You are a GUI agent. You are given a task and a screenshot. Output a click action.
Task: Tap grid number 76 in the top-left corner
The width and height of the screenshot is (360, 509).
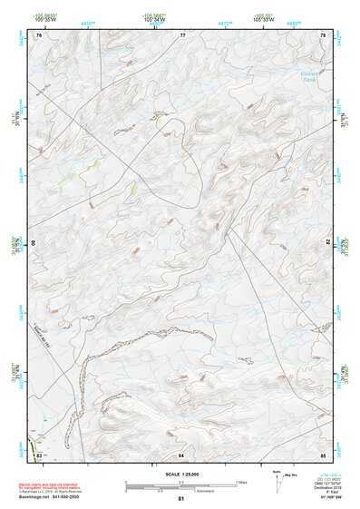click(39, 35)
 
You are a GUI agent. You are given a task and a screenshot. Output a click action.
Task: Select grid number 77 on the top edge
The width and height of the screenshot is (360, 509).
click(182, 35)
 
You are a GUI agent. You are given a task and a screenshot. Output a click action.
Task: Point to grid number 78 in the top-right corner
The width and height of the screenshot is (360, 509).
click(323, 35)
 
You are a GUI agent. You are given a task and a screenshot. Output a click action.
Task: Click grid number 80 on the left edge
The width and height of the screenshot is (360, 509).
click(35, 243)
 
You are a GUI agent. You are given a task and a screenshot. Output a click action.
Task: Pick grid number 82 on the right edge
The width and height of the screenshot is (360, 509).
click(327, 243)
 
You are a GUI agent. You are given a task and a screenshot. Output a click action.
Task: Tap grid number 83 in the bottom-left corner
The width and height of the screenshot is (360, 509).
click(39, 454)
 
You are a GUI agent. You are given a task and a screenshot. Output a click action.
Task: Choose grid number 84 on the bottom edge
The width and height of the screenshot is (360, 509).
click(182, 454)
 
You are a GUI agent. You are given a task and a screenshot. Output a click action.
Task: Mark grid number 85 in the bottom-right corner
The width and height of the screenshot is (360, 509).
click(323, 454)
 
